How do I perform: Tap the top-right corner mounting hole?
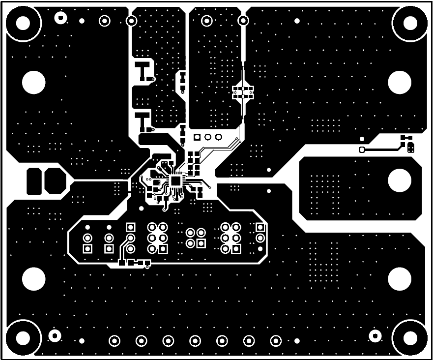point(410,22)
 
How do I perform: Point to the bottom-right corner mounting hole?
point(410,338)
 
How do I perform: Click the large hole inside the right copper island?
point(399,180)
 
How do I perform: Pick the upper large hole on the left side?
point(33,82)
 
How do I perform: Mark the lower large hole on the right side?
point(399,279)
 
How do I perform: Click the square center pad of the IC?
point(175,180)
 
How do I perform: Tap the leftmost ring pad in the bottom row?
point(115,340)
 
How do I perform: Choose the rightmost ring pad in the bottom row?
point(276,340)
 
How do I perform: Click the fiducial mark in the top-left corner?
point(60,18)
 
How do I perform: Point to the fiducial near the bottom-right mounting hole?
point(375,336)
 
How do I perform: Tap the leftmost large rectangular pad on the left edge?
point(33,180)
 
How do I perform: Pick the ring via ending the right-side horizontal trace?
point(362,150)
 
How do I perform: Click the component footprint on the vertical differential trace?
point(243,92)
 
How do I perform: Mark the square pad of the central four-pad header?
point(201,243)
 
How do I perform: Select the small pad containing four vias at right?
point(410,147)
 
